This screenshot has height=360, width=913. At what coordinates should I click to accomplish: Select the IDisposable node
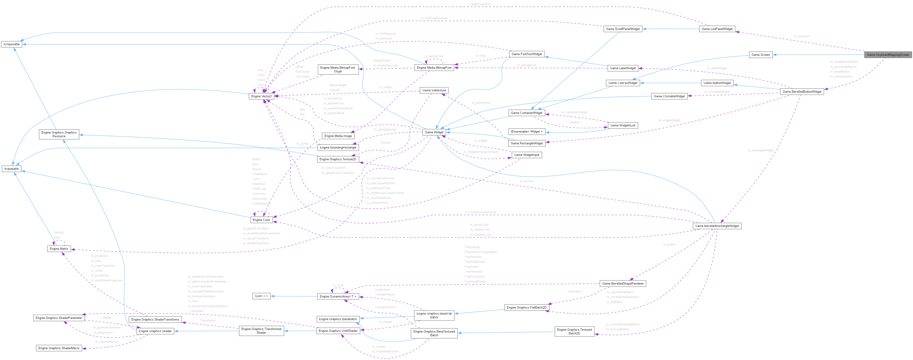click(x=12, y=44)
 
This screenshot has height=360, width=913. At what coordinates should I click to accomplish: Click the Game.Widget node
click(x=434, y=132)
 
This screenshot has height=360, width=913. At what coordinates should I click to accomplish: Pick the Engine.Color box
click(x=261, y=220)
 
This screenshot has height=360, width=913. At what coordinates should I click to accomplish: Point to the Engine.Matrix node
click(x=59, y=249)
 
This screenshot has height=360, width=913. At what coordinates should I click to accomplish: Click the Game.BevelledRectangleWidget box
click(x=717, y=226)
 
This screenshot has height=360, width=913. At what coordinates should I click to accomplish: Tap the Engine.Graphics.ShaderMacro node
click(x=59, y=348)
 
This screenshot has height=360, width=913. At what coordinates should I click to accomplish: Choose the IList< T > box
click(x=262, y=296)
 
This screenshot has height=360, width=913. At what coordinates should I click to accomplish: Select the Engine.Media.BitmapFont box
click(x=434, y=68)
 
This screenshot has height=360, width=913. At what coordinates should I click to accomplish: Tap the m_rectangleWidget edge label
click(x=760, y=150)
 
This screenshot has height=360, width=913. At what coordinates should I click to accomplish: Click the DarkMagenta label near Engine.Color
click(x=261, y=203)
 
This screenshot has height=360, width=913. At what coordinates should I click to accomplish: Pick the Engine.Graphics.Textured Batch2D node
click(x=574, y=332)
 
